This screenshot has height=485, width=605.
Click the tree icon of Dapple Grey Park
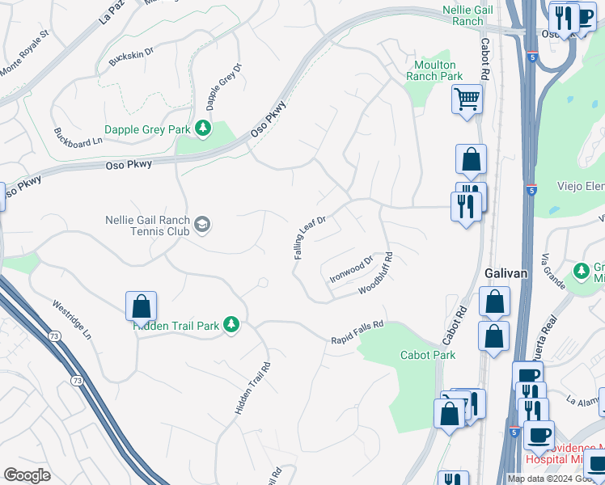click(203, 129)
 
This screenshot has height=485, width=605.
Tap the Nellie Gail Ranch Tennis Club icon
click(202, 225)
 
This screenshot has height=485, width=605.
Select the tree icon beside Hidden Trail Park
click(231, 325)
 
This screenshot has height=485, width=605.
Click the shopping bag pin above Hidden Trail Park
click(141, 306)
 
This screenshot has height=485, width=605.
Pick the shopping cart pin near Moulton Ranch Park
click(466, 100)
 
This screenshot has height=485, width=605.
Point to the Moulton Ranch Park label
click(435, 70)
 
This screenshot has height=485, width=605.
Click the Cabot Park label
click(428, 355)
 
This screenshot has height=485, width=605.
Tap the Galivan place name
click(506, 273)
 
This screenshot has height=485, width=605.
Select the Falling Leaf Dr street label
click(309, 237)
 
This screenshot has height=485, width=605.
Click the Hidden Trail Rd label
click(252, 388)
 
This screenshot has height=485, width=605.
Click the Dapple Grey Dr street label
click(223, 86)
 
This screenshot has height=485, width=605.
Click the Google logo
click(27, 475)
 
